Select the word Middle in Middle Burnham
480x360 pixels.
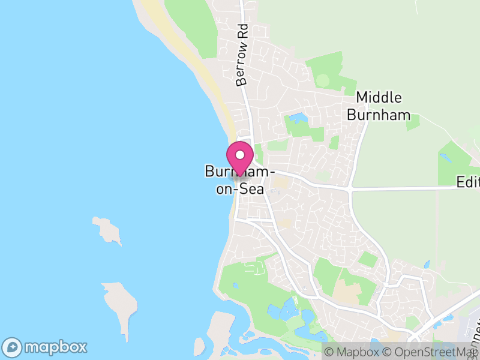pyautogui.click(x=379, y=97)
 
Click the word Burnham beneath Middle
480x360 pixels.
pyautogui.click(x=379, y=115)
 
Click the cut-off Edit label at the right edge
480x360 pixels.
pyautogui.click(x=467, y=181)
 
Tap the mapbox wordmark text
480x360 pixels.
pyautogui.click(x=55, y=347)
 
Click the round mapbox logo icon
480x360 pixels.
pyautogui.click(x=13, y=347)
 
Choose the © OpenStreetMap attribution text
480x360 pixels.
pyautogui.click(x=428, y=352)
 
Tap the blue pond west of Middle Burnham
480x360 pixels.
pyautogui.click(x=295, y=118)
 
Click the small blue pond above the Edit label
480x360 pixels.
pyautogui.click(x=445, y=158)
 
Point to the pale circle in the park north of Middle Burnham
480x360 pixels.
pyautogui.click(x=323, y=79)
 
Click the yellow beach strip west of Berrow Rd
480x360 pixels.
pyautogui.click(x=210, y=78)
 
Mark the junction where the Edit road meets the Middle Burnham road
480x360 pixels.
pyautogui.click(x=350, y=188)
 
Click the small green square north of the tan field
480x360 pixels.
pyautogui.click(x=368, y=259)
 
